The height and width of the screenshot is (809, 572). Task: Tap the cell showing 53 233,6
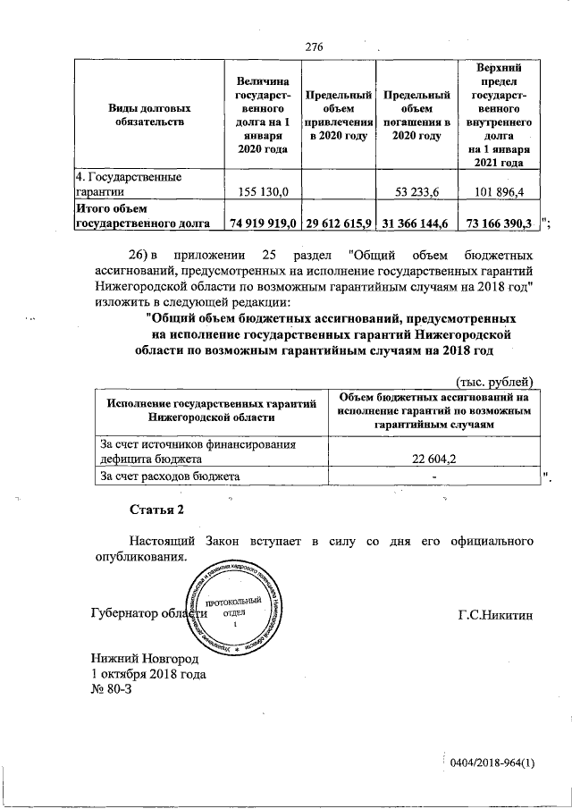coord(417,191)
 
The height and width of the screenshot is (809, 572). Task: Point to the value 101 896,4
coord(500,191)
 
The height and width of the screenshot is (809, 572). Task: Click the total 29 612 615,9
coord(338,223)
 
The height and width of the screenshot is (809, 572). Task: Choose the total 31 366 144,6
coord(416,223)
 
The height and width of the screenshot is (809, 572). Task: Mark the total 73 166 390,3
coord(496,223)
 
